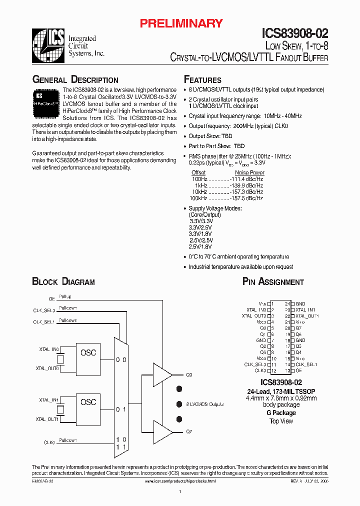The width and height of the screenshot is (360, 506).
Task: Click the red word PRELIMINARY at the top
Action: pyautogui.click(x=180, y=23)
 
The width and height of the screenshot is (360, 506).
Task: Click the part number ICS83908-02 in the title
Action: pyautogui.click(x=295, y=34)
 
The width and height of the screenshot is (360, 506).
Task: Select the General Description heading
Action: pyautogui.click(x=75, y=80)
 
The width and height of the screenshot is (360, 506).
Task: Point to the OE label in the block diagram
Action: pyautogui.click(x=51, y=299)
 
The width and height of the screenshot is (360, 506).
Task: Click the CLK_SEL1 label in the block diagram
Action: pyautogui.click(x=44, y=322)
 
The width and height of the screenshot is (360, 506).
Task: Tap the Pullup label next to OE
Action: pyautogui.click(x=65, y=297)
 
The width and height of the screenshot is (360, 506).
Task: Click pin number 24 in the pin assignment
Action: pyautogui.click(x=287, y=303)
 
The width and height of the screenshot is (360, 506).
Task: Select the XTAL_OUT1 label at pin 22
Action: pyautogui.click(x=307, y=316)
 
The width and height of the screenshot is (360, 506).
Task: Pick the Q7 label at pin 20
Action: pyautogui.click(x=298, y=328)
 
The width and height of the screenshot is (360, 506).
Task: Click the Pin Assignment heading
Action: pyautogui.click(x=273, y=282)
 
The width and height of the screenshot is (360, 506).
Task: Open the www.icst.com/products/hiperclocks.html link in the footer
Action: pyautogui.click(x=180, y=481)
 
